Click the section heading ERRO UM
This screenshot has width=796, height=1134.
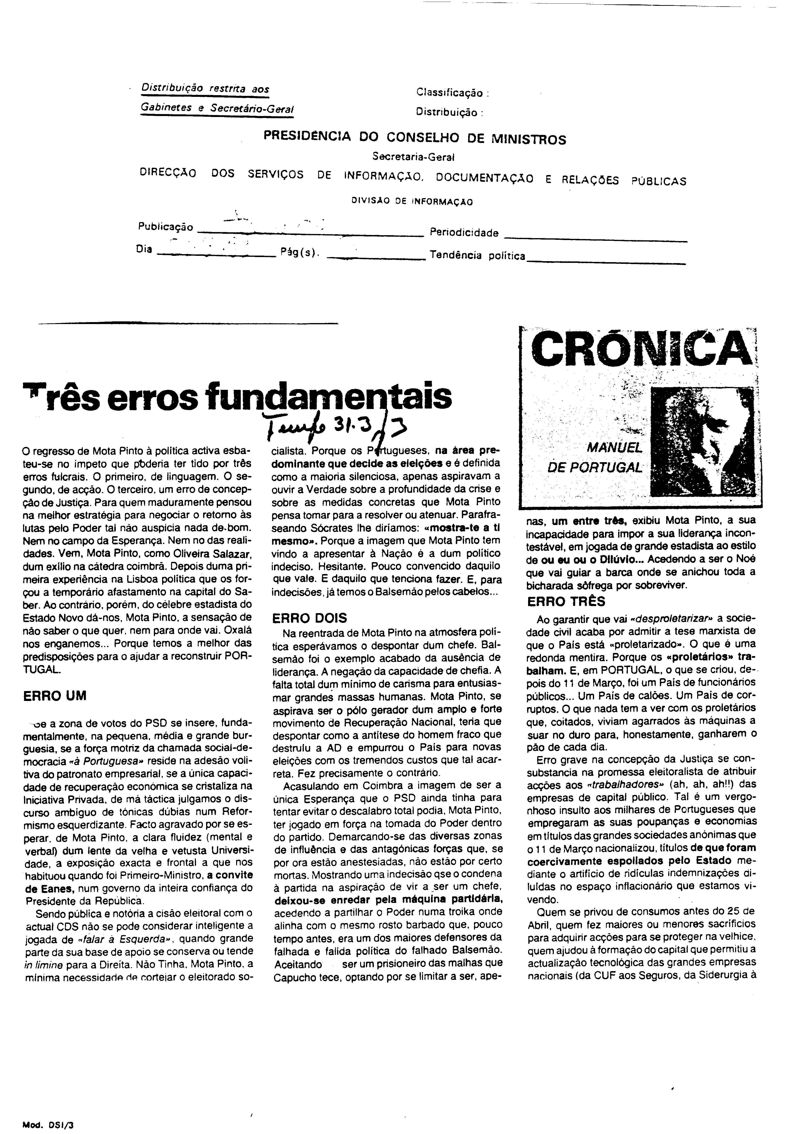(55, 696)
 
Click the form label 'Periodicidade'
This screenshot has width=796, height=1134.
(464, 233)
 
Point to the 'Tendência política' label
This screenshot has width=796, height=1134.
(477, 256)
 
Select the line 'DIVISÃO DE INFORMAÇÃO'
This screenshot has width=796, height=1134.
(412, 201)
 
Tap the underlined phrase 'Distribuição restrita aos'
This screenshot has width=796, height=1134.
(205, 89)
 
